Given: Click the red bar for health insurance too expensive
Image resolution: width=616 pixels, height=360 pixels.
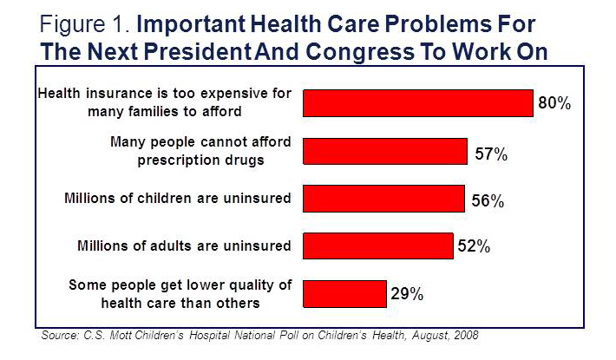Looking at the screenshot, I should (x=417, y=103).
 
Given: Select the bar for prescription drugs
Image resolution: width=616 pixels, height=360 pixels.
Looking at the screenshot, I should (x=384, y=151).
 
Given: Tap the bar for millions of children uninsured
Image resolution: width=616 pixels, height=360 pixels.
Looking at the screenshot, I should (x=383, y=199).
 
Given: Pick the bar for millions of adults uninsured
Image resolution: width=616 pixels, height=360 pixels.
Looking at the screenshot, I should (x=377, y=246).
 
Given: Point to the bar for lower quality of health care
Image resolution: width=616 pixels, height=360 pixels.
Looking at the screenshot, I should (x=344, y=293).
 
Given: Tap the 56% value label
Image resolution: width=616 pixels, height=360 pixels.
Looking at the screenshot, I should (x=488, y=202).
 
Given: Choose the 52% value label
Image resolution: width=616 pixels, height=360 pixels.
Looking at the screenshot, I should (x=475, y=247).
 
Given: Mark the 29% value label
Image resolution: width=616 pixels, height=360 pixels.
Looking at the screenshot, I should (x=406, y=294).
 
